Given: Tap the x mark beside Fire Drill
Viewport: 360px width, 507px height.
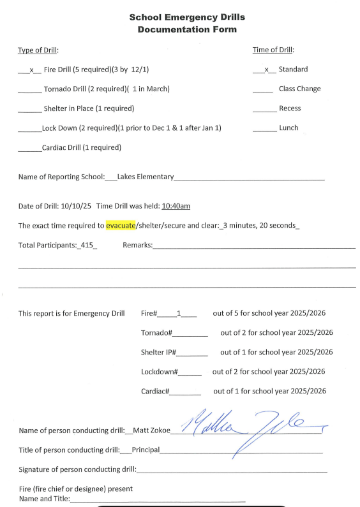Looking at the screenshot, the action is [x=31, y=70].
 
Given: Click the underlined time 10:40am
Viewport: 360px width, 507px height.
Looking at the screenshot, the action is [x=176, y=206].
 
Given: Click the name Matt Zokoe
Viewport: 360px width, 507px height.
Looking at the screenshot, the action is [x=152, y=430].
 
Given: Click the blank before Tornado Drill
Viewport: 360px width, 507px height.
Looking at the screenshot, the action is [x=29, y=90].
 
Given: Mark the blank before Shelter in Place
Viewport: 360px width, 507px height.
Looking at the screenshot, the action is [x=29, y=109].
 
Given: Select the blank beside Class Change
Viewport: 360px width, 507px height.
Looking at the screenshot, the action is [x=263, y=90].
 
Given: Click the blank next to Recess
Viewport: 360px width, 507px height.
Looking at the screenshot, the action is [x=264, y=109].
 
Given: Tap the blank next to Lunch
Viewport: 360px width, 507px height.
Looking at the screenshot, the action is [x=264, y=129].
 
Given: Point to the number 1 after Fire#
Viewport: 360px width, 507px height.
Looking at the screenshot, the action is [x=179, y=313].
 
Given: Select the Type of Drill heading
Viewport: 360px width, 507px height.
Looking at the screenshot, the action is [x=38, y=50].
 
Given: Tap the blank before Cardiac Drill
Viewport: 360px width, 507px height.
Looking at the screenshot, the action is [x=29, y=148].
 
